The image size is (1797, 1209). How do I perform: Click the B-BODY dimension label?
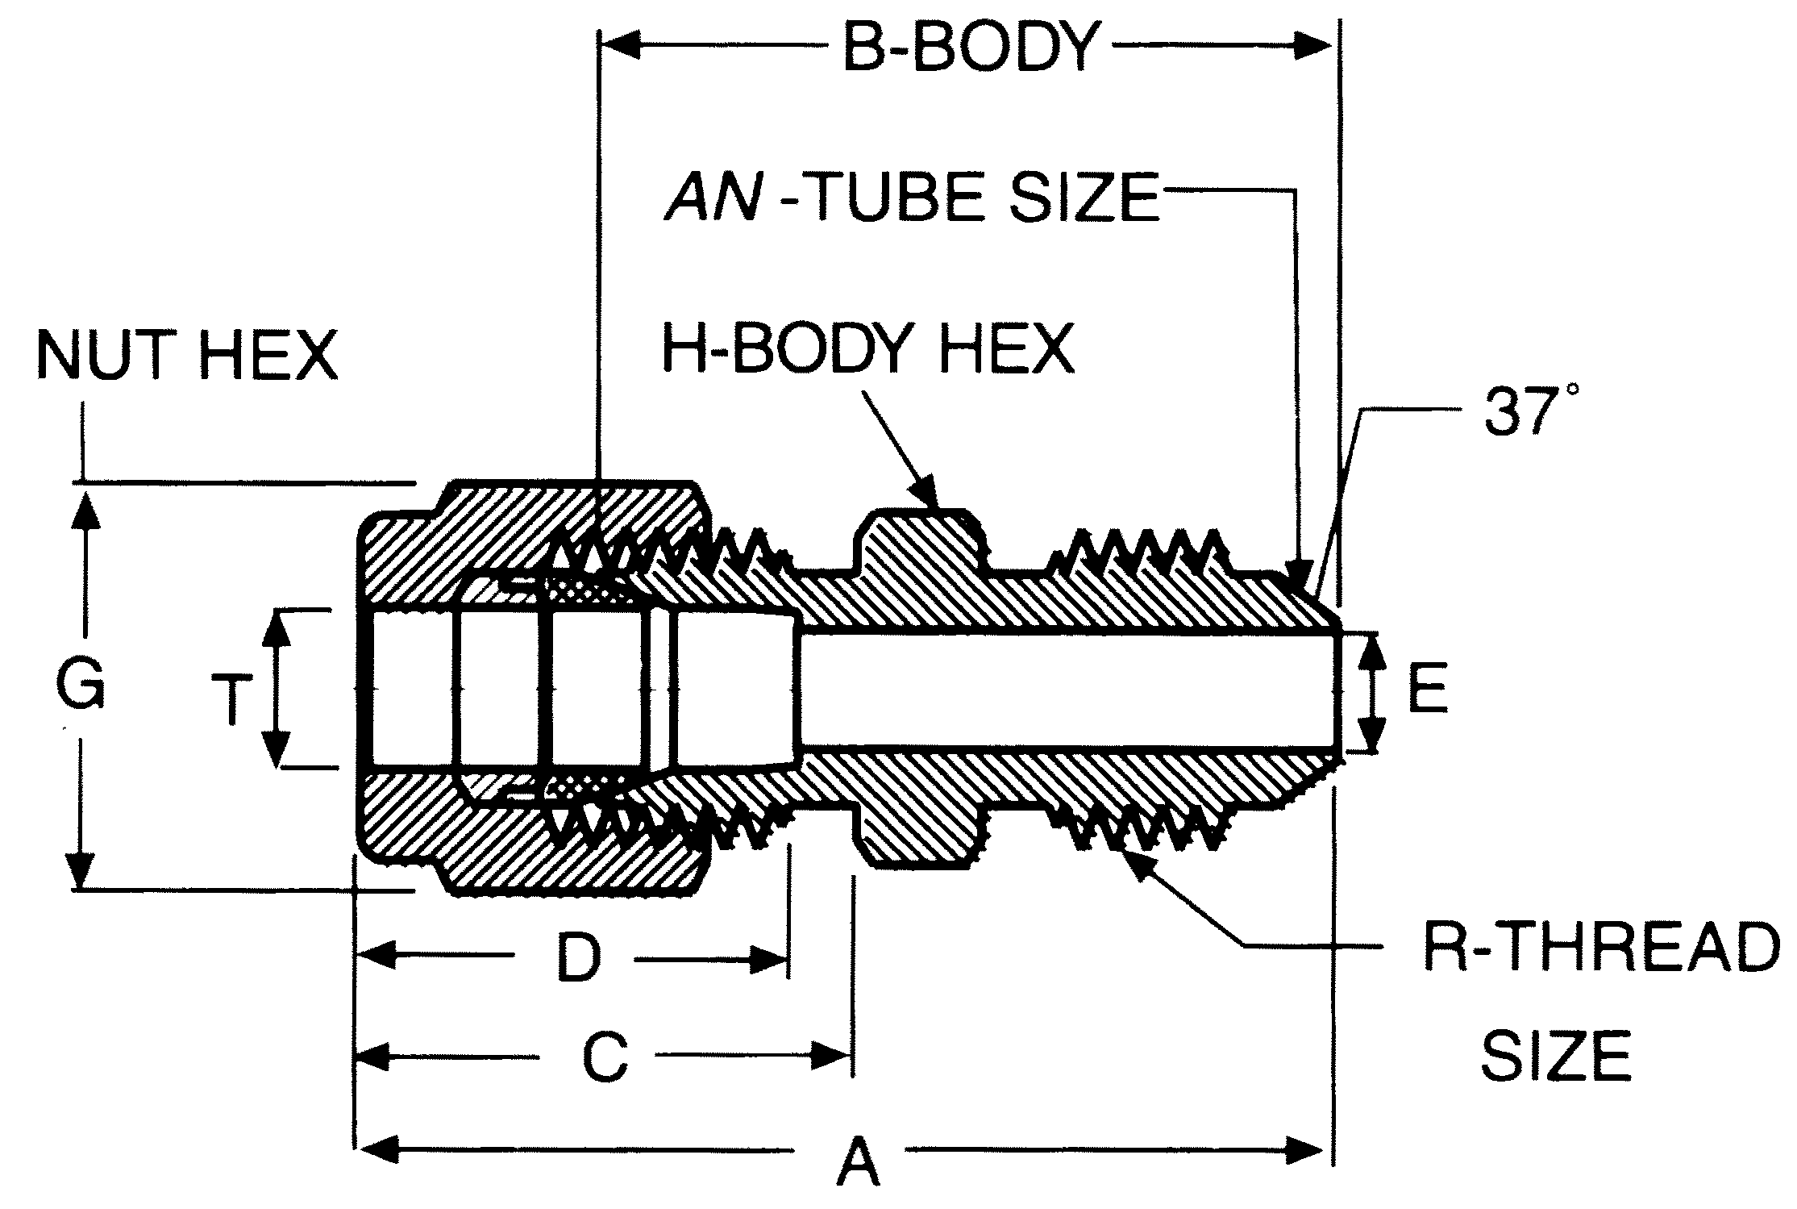click(971, 48)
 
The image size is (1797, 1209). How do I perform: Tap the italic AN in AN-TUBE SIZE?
click(713, 197)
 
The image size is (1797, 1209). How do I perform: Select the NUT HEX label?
click(187, 356)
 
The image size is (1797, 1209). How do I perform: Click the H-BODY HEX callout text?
click(868, 349)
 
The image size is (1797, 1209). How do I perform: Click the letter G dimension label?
click(81, 683)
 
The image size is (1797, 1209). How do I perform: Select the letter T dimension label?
click(231, 699)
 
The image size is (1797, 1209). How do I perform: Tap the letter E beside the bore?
click(1428, 690)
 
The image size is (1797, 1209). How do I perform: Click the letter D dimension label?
click(579, 958)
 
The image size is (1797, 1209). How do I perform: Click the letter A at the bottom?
click(858, 1162)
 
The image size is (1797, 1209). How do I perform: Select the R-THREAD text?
click(1600, 947)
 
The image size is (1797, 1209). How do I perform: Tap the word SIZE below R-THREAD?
click(1557, 1056)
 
